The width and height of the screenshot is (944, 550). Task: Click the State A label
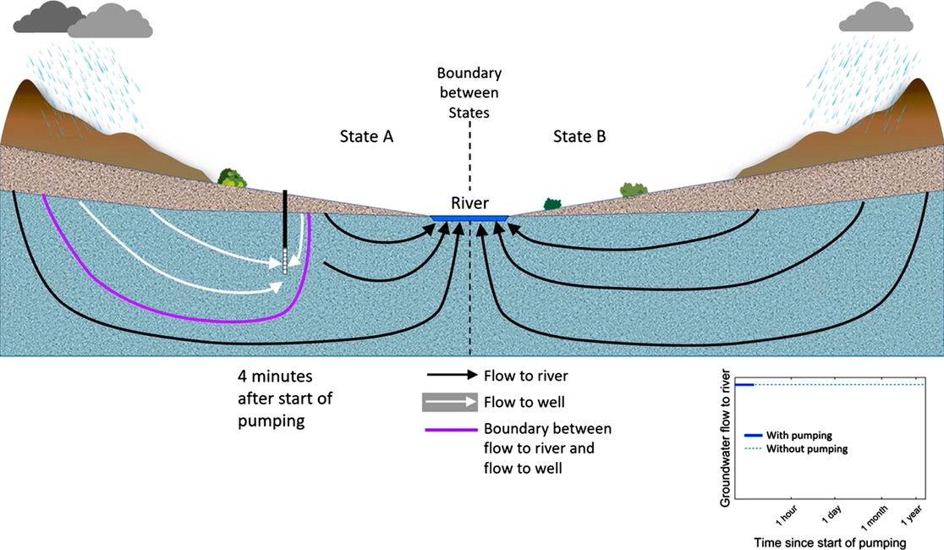click(366, 136)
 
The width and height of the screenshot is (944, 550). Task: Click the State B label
click(579, 136)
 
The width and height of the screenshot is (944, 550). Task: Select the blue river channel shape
click(469, 217)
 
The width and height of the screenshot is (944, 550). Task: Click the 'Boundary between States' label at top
click(469, 92)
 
